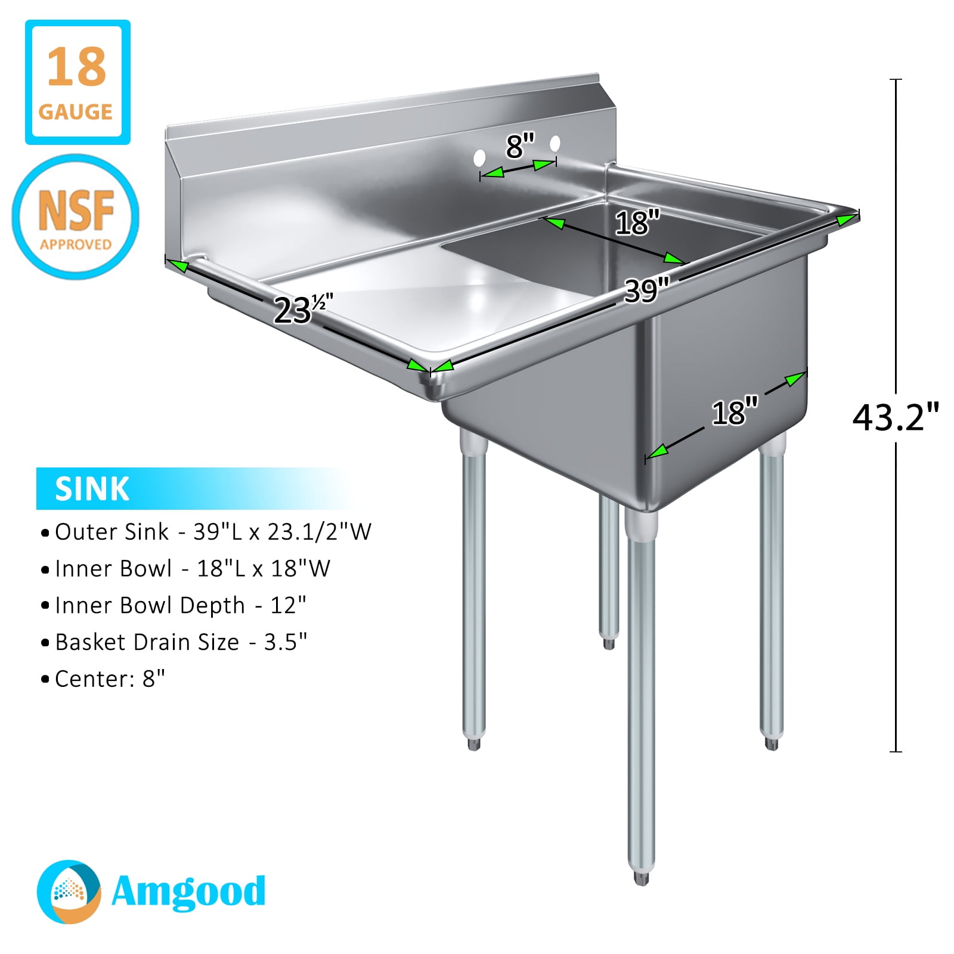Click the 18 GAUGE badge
coord(78,82)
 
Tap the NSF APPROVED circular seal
coord(76,216)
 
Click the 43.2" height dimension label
coord(896,417)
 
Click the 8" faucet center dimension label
coord(520,146)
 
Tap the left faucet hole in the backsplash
coord(479,158)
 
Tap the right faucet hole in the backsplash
coord(555,144)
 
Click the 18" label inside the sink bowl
coord(637,222)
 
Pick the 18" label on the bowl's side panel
coord(735,412)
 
